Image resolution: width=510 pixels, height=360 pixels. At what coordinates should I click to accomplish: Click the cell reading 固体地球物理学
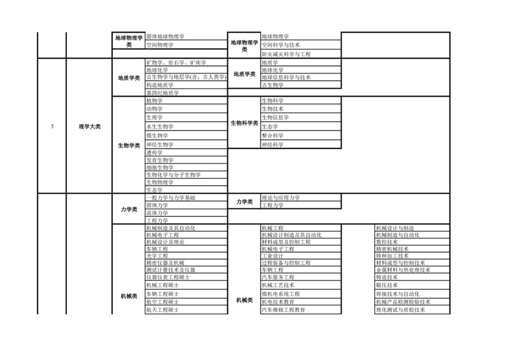tap(165, 36)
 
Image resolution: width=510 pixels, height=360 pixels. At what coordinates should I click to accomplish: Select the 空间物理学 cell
tap(160, 45)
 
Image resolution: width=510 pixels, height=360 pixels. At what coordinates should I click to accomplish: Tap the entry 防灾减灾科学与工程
tap(286, 54)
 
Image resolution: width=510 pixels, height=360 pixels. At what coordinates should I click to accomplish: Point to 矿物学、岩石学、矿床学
tap(176, 62)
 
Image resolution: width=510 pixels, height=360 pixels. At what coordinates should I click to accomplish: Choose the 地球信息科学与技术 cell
tap(286, 78)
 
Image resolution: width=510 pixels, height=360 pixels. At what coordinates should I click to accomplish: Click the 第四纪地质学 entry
tap(163, 93)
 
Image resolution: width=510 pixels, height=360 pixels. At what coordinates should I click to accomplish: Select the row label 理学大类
tap(89, 126)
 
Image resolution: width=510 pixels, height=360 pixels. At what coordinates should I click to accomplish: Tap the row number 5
tap(52, 126)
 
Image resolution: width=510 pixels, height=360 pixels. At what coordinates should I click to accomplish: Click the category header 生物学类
tap(129, 145)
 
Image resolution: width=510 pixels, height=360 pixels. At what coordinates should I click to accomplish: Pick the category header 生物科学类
tap(244, 123)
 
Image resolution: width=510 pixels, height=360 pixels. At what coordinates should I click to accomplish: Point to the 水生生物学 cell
tap(160, 126)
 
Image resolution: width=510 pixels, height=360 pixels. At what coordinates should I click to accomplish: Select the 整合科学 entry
tap(272, 136)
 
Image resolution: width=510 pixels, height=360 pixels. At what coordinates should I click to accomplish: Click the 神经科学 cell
tap(272, 145)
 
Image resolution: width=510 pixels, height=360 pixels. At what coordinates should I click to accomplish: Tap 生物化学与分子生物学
tap(173, 175)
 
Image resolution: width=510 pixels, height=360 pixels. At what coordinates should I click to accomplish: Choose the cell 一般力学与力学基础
tap(171, 198)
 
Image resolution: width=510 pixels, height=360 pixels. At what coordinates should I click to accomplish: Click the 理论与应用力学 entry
tap(280, 198)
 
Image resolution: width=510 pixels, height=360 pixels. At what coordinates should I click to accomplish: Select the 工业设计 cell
tap(272, 256)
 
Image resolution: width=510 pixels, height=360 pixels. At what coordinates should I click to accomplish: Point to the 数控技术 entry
tap(387, 242)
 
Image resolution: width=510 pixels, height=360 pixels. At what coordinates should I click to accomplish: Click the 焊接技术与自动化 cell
tap(398, 294)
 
